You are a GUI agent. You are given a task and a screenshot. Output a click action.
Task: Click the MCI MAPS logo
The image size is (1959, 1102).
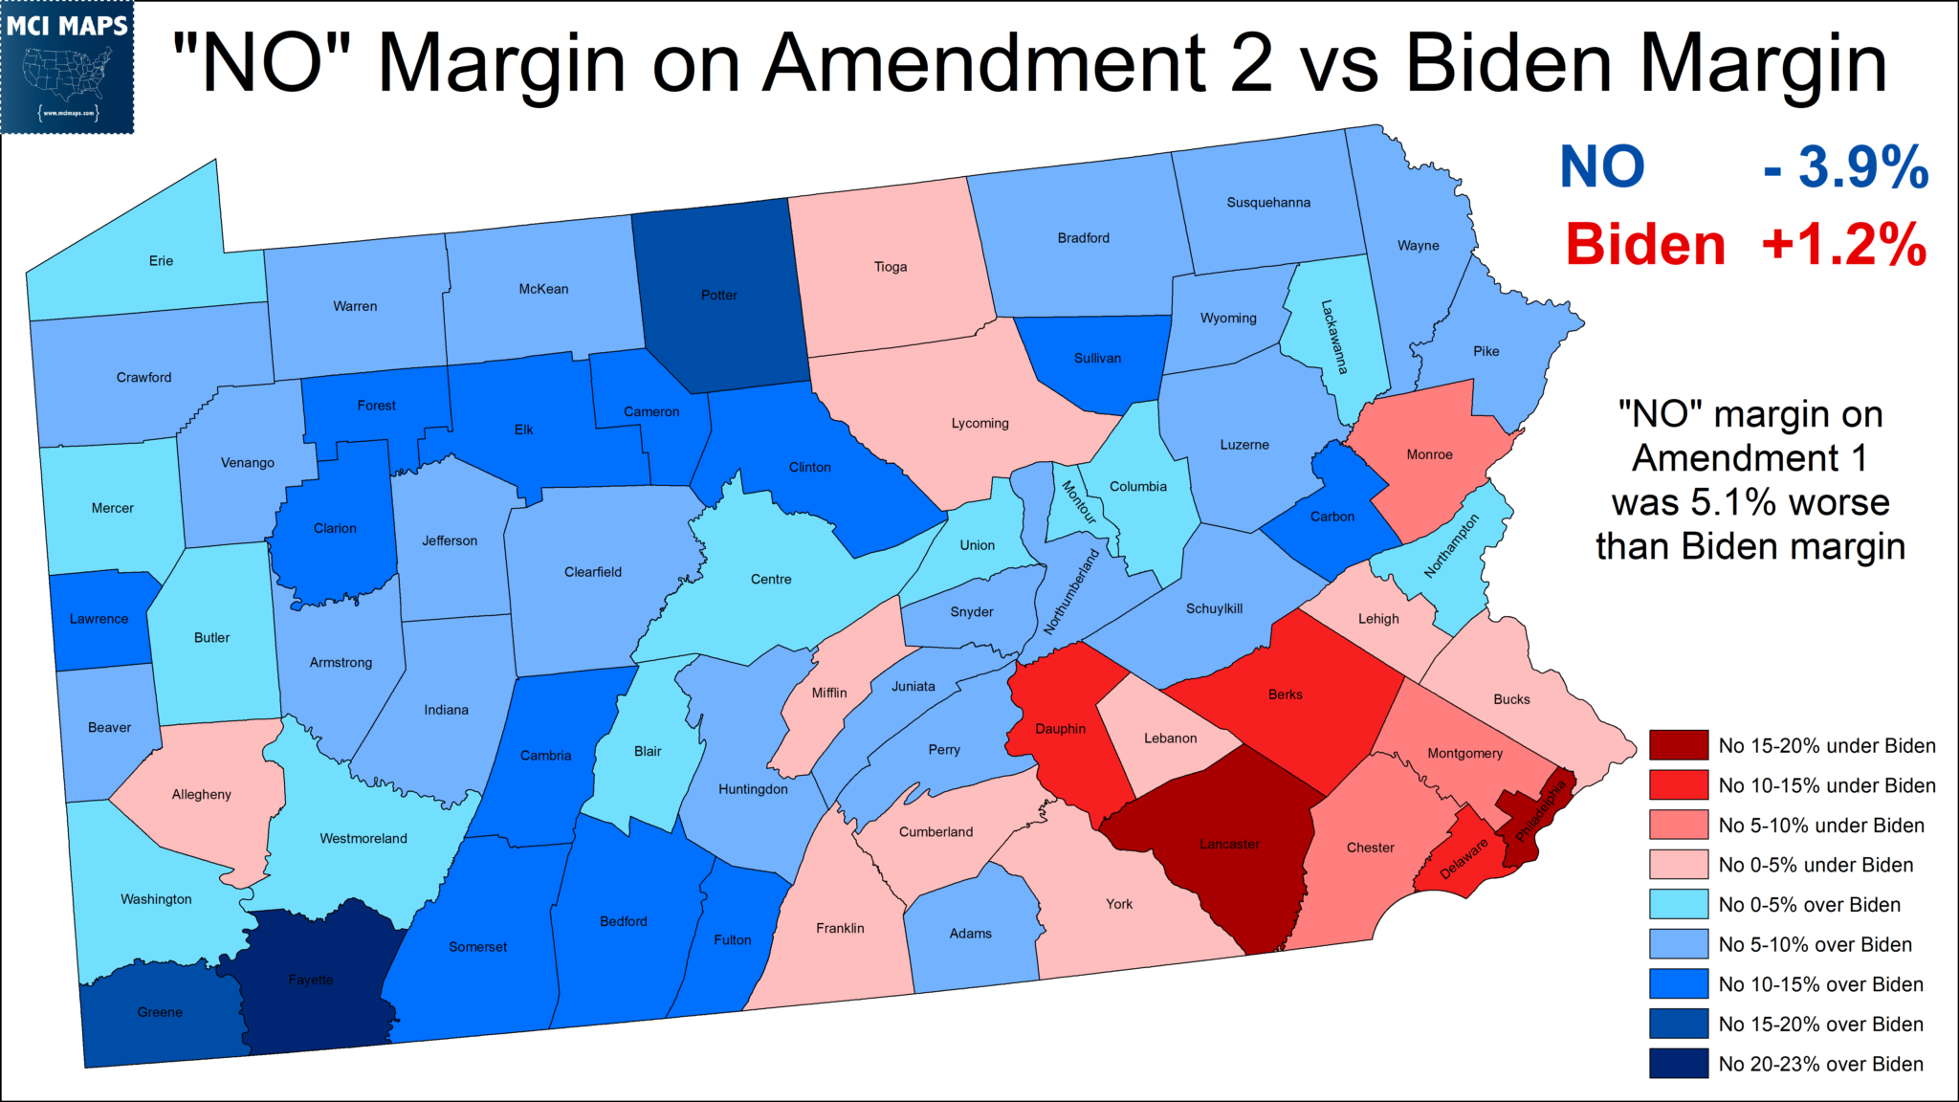coord(67,67)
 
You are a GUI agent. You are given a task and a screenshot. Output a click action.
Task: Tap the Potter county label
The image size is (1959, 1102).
coord(719,296)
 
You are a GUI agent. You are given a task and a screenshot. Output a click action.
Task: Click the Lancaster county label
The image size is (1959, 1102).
coord(1230,845)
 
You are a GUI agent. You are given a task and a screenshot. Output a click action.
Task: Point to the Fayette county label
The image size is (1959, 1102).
coord(311,981)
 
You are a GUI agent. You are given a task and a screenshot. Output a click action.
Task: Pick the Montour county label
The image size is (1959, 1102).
coord(1079,502)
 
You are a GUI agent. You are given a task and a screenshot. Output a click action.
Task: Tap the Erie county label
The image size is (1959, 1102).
coord(161,261)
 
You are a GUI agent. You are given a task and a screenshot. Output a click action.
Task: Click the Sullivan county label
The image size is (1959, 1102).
coord(1097,359)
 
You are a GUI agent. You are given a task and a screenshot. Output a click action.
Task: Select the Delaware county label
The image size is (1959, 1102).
coord(1464,858)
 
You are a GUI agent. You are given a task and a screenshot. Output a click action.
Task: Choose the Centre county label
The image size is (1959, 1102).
coord(771,580)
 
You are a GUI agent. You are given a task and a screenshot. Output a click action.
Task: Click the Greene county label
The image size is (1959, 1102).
coord(160,1013)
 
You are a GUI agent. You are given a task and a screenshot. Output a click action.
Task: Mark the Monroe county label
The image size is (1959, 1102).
coord(1429,455)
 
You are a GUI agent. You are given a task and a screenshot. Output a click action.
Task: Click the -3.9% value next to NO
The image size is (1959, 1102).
coord(1845,167)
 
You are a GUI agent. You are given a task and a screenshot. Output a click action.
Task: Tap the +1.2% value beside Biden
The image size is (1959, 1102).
coord(1843,245)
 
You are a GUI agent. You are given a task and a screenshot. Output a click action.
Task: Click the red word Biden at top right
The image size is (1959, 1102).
coord(1645,245)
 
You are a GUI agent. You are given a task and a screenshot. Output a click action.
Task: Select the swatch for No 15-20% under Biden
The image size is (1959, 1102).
coord(1678,745)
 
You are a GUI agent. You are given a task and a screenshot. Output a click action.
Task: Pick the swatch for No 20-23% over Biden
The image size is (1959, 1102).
coord(1678,1064)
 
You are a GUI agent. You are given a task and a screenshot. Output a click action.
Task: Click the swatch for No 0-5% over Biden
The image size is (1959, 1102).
coord(1678,904)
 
